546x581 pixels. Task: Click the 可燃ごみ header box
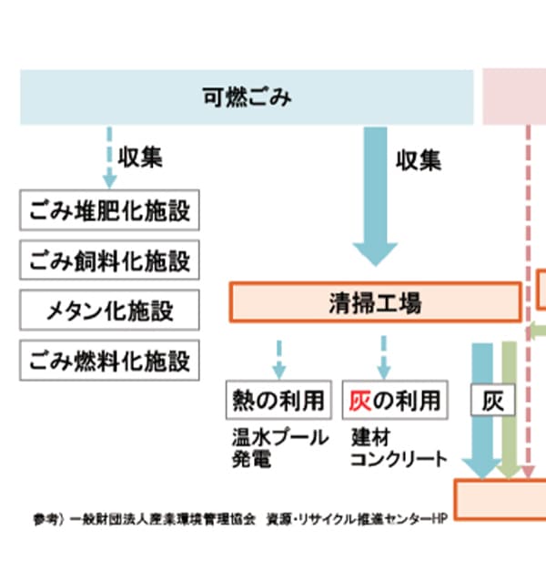(x=247, y=97)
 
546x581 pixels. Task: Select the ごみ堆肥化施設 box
(x=109, y=211)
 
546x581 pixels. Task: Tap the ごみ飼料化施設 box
(x=109, y=260)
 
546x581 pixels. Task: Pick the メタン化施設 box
(x=109, y=311)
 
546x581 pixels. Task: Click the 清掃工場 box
(x=375, y=302)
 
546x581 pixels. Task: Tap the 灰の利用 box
(x=395, y=400)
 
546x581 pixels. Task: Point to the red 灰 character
(x=359, y=400)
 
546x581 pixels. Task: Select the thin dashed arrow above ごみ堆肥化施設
(x=110, y=157)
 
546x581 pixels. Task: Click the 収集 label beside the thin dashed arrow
(x=140, y=157)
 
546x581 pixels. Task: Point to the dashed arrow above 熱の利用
(x=278, y=357)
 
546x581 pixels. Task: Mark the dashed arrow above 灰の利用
(x=383, y=355)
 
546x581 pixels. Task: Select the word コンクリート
(x=399, y=459)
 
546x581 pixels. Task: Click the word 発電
(x=251, y=459)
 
